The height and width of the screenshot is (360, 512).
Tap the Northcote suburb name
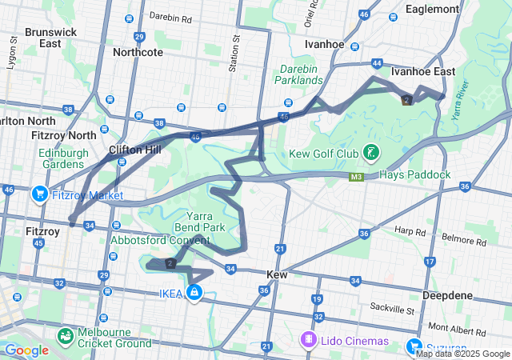coord(138,52)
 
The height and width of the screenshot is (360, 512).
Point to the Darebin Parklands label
coord(299,74)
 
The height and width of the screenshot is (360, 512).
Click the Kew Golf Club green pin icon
coord(370,152)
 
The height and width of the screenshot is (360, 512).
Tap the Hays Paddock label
coord(415,174)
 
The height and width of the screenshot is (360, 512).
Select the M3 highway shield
coord(356,176)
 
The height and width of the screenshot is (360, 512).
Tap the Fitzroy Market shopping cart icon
coord(39,194)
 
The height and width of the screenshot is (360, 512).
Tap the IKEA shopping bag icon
coord(194,294)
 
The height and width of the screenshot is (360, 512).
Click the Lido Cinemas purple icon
coord(307,340)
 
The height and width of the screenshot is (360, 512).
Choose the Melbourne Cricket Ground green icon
coord(63,336)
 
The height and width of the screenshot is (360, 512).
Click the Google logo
coord(26,350)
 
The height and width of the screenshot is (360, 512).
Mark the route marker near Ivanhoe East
coord(407,99)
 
